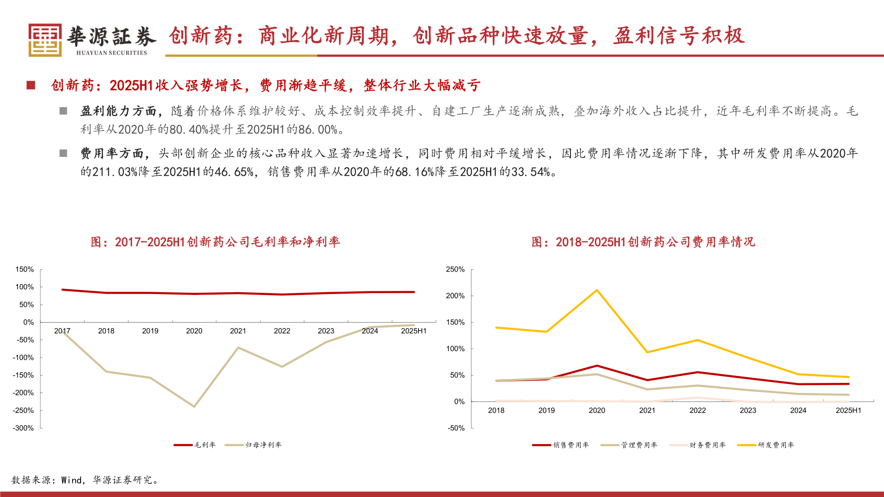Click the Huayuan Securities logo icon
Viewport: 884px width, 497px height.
point(45,40)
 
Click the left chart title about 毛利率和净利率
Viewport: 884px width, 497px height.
point(215,242)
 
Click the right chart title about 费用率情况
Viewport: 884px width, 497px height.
point(643,242)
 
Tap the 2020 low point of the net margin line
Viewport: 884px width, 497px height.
point(194,406)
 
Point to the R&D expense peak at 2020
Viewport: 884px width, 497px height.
point(597,290)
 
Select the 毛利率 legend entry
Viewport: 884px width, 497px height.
point(195,445)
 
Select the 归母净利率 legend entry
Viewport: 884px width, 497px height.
point(254,445)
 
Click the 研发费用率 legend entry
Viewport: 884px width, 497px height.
point(766,445)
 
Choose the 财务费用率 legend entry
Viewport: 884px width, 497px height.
point(698,445)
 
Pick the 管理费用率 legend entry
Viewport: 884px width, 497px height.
point(629,445)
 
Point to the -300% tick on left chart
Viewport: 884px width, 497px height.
point(23,428)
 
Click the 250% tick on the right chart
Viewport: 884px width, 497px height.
point(455,270)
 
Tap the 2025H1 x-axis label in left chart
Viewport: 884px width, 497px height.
point(413,331)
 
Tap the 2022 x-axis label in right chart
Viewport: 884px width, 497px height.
point(697,410)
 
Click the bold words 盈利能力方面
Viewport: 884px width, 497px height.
point(118,111)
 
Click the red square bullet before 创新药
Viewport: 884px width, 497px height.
point(31,85)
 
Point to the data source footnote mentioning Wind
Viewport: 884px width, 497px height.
point(86,480)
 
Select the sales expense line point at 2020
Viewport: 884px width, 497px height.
point(597,366)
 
